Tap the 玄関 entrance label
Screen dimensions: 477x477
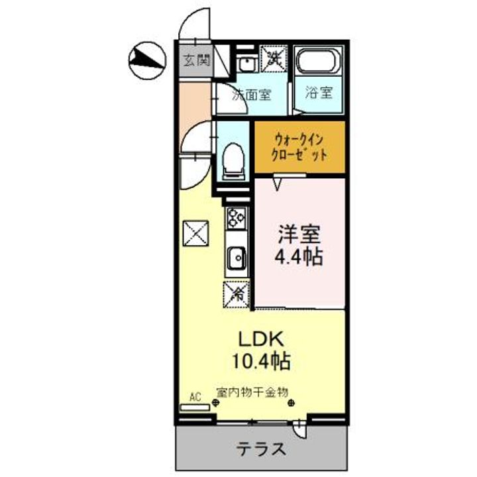[x=197, y=62]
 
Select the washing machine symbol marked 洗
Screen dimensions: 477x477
[x=274, y=58]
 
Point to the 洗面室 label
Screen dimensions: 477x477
[x=251, y=94]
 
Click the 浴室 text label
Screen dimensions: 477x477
[x=319, y=93]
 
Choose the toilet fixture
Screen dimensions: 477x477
[x=233, y=160]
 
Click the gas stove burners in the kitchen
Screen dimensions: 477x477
[x=237, y=216]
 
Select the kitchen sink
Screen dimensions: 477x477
[x=236, y=257]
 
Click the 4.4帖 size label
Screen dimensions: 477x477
[x=299, y=257]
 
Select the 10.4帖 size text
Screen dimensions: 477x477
[x=262, y=362]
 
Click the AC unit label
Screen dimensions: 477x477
[x=195, y=397]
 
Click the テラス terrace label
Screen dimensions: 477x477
[x=262, y=449]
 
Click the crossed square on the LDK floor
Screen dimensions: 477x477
[x=195, y=233]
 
